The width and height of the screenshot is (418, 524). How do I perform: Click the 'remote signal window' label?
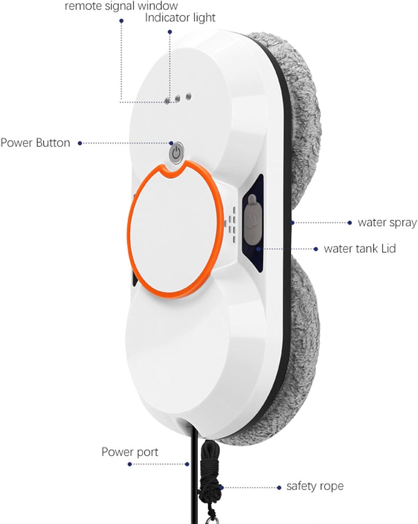tap(121, 6)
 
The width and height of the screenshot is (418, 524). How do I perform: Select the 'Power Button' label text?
tap(35, 143)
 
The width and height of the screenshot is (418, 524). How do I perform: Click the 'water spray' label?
tap(387, 223)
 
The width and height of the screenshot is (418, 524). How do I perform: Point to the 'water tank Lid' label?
tap(360, 249)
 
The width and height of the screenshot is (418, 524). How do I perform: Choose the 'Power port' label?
tap(130, 452)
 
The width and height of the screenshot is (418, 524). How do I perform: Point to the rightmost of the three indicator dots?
tap(188, 97)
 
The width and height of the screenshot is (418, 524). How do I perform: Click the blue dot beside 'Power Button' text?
tap(80, 144)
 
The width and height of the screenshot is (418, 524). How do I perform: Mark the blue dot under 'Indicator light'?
tap(170, 32)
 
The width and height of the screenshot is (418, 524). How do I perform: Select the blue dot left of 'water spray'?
tap(349, 223)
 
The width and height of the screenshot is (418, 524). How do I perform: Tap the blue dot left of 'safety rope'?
tap(279, 487)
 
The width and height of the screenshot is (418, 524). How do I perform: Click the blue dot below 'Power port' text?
tap(130, 464)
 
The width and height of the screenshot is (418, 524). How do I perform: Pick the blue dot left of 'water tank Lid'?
tap(316, 249)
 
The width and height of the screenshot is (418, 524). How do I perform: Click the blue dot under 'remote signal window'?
tap(121, 21)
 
